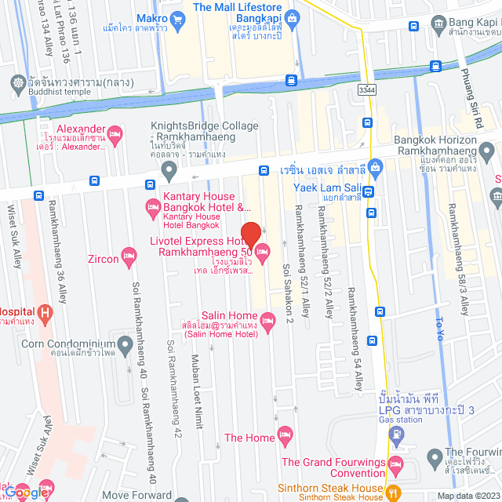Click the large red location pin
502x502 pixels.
[x=250, y=234]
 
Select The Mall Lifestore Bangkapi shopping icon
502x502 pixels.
[x=292, y=17]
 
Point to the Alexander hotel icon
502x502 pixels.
[x=115, y=135]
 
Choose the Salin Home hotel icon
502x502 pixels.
[x=267, y=319]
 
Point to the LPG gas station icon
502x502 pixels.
[x=395, y=443]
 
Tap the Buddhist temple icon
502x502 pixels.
[x=17, y=82]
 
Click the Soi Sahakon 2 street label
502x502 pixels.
[x=286, y=293]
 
